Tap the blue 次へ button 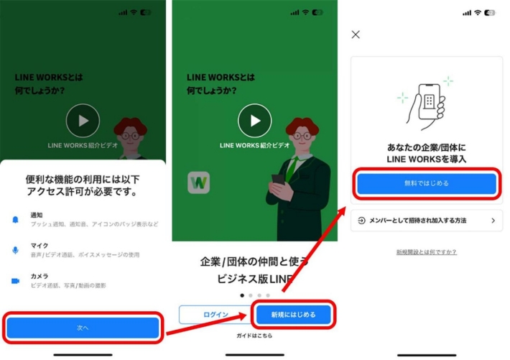pyautogui.click(x=83, y=328)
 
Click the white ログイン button pyautogui.click(x=215, y=315)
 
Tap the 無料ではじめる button pyautogui.click(x=426, y=183)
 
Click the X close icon pyautogui.click(x=356, y=34)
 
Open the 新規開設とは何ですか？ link pyautogui.click(x=426, y=252)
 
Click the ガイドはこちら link pyautogui.click(x=254, y=336)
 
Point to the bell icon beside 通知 pyautogui.click(x=16, y=218)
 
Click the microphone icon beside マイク pyautogui.click(x=16, y=249)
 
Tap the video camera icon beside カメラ pyautogui.click(x=16, y=281)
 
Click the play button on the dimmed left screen pyautogui.click(x=83, y=121)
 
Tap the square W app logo pyautogui.click(x=199, y=183)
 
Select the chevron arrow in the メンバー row pyautogui.click(x=493, y=221)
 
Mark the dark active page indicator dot pyautogui.click(x=241, y=295)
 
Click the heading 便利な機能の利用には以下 pyautogui.click(x=83, y=179)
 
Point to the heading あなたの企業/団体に pyautogui.click(x=426, y=147)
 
